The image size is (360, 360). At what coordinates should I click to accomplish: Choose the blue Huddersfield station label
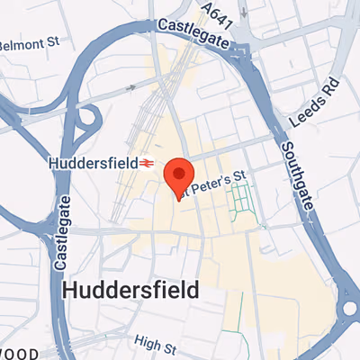point(91,163)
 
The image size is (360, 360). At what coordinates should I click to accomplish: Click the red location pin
point(179,176)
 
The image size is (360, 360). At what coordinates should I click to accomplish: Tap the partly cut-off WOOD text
point(18,353)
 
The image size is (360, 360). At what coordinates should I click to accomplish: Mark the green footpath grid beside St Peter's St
point(240,202)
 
